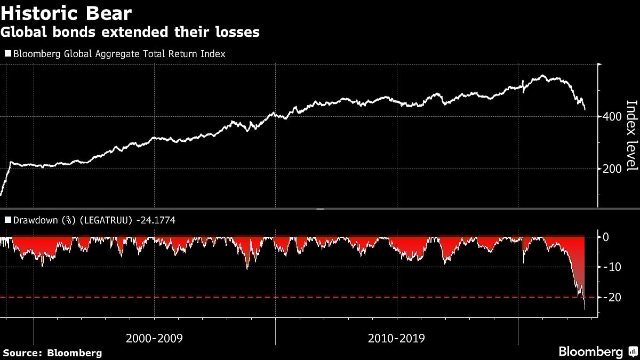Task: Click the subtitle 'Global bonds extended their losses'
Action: point(130,32)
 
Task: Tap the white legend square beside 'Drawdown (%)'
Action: point(7,220)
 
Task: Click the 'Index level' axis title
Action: point(631,136)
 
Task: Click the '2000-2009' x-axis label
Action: point(154,338)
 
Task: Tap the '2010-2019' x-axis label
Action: point(396,338)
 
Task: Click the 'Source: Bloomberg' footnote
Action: point(52,353)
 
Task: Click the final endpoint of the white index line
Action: point(585,110)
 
